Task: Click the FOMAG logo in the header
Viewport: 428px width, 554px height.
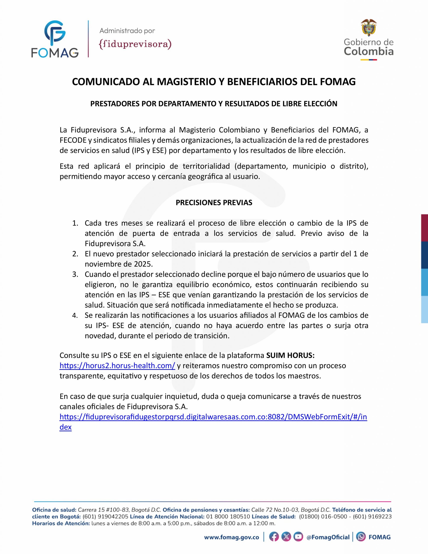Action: (55, 39)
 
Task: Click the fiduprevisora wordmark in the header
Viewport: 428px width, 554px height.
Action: (135, 44)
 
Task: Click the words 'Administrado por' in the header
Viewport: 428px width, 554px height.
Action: (127, 31)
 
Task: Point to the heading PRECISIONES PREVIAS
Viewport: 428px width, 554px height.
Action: (214, 202)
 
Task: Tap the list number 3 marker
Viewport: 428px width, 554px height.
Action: (75, 274)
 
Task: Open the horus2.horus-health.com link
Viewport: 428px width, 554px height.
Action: (117, 366)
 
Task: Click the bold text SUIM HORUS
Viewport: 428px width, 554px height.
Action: (290, 355)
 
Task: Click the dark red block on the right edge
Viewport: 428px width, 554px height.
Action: (425, 228)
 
